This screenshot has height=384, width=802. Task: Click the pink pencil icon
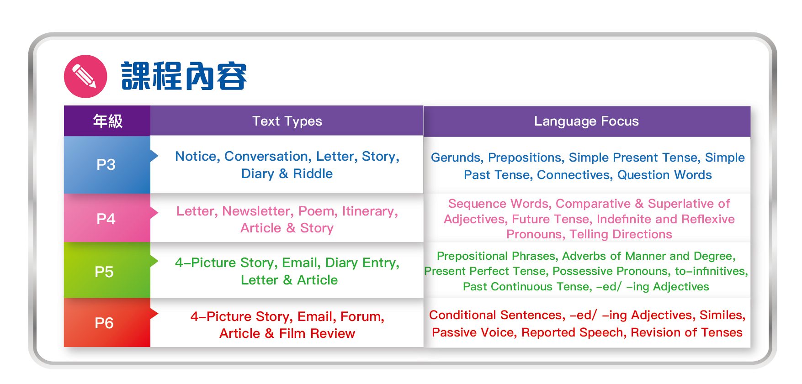85,76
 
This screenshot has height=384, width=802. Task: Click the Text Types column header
287,121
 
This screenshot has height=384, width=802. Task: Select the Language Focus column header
587,121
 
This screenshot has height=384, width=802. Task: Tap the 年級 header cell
107,121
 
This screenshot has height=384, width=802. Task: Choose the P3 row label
106,164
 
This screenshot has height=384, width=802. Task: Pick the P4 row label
106,219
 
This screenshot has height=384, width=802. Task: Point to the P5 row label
104,272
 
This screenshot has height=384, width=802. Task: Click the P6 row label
104,323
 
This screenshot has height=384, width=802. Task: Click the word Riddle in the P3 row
313,174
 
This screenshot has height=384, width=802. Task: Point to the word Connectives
575,175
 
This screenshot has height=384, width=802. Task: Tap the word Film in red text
292,333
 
